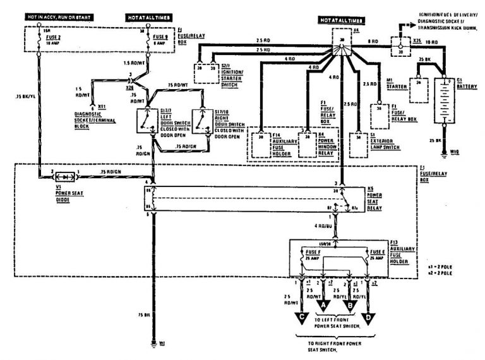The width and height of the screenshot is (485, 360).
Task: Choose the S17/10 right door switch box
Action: pos(203,121)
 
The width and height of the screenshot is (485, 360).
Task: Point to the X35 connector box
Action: pos(399,44)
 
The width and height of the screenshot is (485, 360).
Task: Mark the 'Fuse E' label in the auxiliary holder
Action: pos(375,251)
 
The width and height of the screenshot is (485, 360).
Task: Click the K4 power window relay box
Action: pos(308,145)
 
